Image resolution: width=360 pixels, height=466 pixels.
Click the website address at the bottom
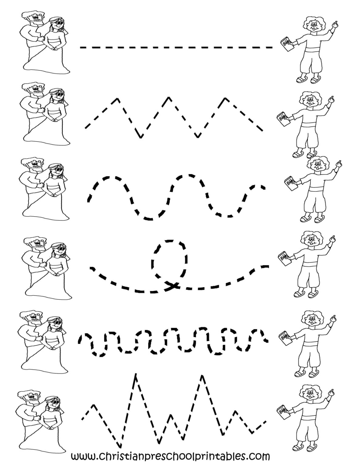pos(170,456)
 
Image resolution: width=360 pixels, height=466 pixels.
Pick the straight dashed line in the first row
pos(176,47)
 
